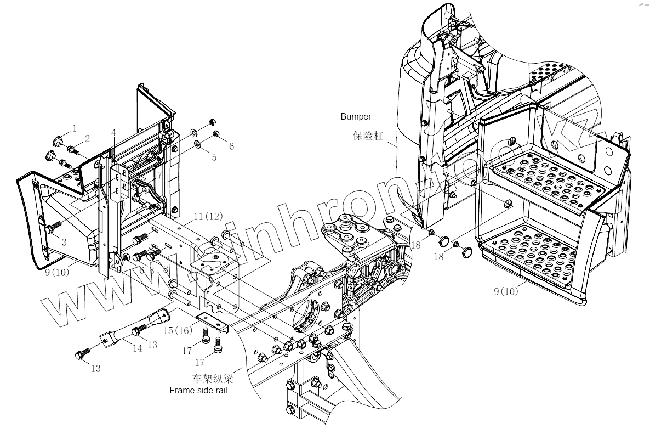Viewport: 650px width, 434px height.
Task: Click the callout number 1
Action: [x=74, y=128]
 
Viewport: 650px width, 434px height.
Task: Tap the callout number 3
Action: [x=64, y=241]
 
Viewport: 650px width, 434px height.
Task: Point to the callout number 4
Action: [x=113, y=133]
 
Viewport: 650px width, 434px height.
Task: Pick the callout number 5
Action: [x=214, y=157]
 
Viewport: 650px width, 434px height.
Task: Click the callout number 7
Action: [x=159, y=176]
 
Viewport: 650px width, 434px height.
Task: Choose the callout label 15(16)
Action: [x=178, y=331]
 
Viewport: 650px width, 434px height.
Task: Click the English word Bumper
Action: [x=356, y=116]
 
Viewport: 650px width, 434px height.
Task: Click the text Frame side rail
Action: [x=198, y=391]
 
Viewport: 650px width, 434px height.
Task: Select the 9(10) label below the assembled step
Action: [x=505, y=292]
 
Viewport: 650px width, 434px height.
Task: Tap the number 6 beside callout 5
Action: [x=231, y=146]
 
